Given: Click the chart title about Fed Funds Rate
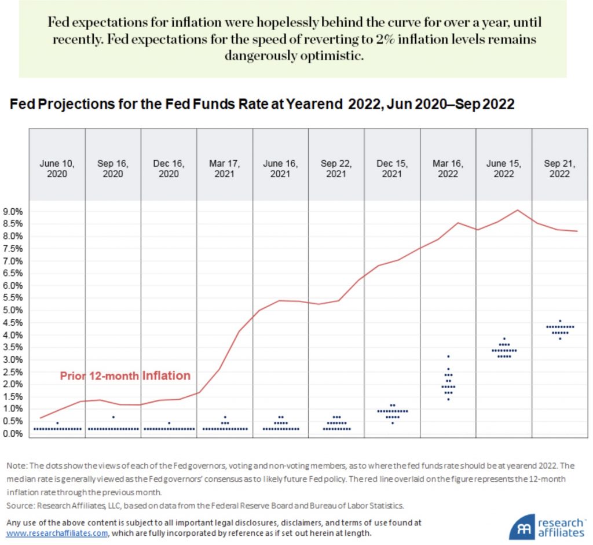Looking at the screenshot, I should coord(262,105).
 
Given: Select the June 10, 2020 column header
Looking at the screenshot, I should coord(57,168).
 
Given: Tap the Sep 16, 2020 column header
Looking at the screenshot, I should coord(113,168).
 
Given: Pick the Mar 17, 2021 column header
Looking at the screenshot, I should coord(225,168).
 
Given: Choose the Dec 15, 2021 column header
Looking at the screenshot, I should coord(392,168).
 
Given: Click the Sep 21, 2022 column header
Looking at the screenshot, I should coord(559,168).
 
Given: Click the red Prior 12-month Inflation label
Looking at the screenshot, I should coord(125,376).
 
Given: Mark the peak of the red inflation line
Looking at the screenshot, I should coord(517,210).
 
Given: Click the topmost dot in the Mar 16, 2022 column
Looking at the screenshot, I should coord(448,356).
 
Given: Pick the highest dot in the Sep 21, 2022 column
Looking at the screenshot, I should coord(559,321).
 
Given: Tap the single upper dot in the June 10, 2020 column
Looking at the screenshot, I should coord(57,423).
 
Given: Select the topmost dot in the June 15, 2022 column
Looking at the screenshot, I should coord(504,339).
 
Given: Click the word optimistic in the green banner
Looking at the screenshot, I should coord(347,56).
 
